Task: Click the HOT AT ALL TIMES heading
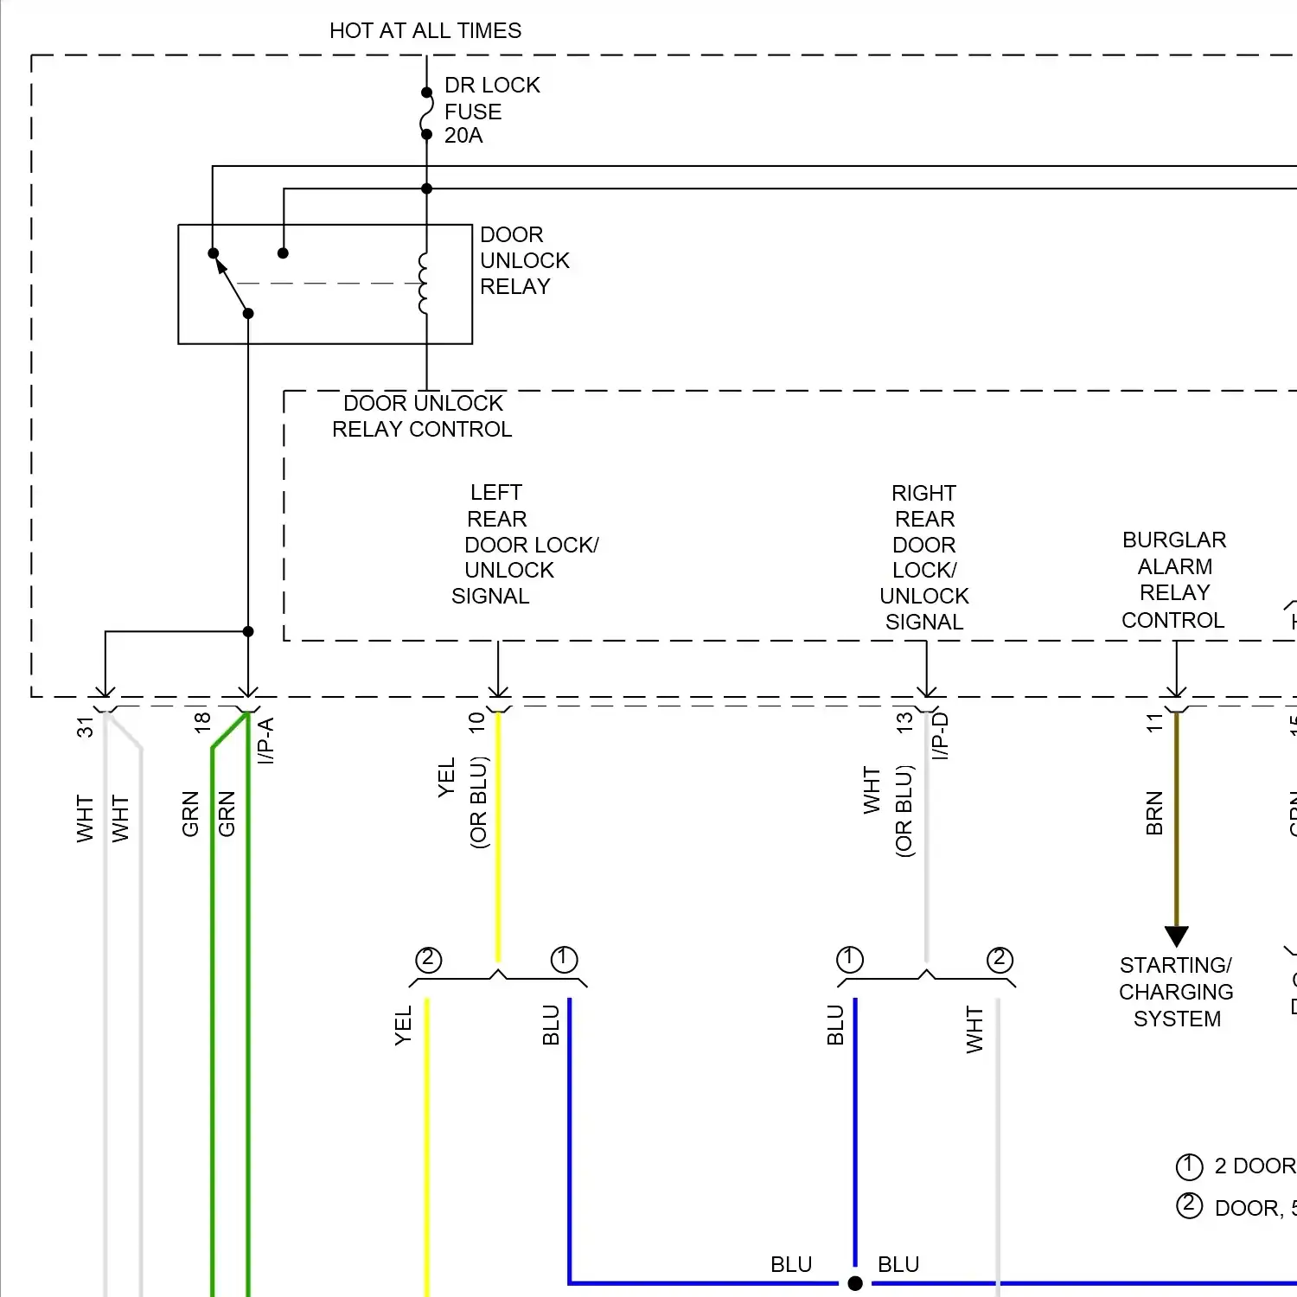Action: [425, 31]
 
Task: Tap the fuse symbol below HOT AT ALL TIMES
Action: [426, 113]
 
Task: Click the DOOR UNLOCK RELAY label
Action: [523, 260]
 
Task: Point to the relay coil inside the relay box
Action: [423, 283]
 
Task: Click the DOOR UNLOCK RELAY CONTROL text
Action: [422, 416]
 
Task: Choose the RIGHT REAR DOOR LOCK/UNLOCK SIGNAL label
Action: [923, 557]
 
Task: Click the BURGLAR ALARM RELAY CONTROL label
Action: [1173, 579]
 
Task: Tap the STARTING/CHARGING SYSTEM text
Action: [1176, 992]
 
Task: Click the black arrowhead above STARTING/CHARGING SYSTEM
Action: [1176, 936]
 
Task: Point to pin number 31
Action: [85, 726]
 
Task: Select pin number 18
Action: [202, 723]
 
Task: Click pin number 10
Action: [476, 723]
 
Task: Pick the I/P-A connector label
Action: [265, 740]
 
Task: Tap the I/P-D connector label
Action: [941, 736]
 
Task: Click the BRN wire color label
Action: [1154, 813]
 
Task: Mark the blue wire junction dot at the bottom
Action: [855, 1283]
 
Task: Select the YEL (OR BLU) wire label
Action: [463, 802]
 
